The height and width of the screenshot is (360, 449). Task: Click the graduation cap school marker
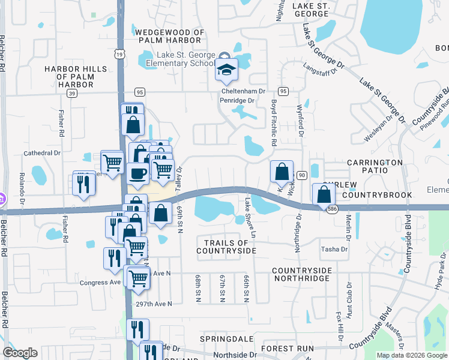point(226,70)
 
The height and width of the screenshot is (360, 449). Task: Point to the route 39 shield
point(72,94)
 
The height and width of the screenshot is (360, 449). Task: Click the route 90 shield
point(302,175)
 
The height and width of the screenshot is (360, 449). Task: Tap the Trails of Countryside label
point(226,246)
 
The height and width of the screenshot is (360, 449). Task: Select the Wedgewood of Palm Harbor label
point(170,36)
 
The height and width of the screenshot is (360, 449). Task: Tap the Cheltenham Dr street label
point(243,91)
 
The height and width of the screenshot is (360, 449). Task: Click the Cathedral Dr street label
point(42,153)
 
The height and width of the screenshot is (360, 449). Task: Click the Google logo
point(20,353)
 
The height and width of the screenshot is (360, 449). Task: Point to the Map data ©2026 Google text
point(411,355)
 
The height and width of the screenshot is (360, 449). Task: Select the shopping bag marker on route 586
point(324,194)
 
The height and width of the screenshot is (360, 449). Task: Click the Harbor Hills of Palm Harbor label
point(77,77)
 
